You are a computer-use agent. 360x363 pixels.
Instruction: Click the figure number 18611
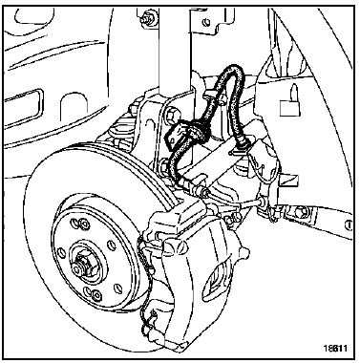tap(336, 348)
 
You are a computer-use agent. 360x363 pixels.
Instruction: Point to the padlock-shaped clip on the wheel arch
tap(290, 102)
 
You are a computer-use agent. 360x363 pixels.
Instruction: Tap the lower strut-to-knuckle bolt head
tap(166, 164)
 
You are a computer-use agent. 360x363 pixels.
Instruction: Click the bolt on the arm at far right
tap(300, 211)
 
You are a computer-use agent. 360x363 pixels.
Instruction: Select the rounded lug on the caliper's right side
tap(244, 252)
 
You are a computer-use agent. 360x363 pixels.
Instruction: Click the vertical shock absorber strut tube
tap(175, 48)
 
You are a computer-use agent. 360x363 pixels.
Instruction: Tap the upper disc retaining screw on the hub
tap(83, 224)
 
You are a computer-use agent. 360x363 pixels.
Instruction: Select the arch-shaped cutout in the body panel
tap(74, 107)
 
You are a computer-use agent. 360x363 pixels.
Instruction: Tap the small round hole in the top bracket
tap(207, 22)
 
